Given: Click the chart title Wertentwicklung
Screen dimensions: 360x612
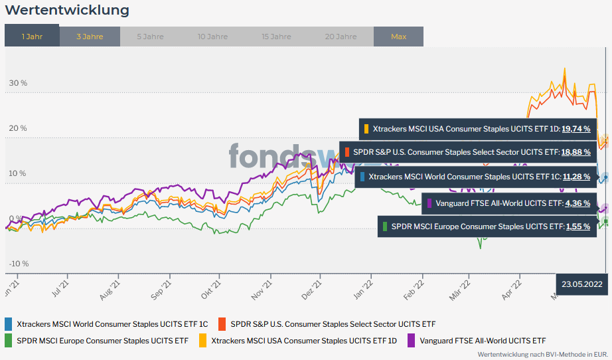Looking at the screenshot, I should pos(66,11).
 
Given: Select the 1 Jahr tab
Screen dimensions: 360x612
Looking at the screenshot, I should pos(32,37).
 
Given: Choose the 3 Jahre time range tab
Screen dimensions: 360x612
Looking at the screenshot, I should pos(90,37).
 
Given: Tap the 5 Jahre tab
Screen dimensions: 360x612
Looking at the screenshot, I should pos(150,37).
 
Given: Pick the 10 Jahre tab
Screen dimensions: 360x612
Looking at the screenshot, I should pos(212,37).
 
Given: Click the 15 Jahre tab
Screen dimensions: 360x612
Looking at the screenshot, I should pos(276,37).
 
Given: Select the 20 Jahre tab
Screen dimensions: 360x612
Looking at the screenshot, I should pos(341,37).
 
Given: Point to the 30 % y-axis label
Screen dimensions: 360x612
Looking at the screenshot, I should pos(18,84).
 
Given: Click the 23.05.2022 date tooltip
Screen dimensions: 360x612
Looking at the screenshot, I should pos(581,284).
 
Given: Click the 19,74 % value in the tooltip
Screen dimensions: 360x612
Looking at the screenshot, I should pos(575,129).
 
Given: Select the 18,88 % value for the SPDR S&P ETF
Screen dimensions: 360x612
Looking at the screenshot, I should pos(575,152).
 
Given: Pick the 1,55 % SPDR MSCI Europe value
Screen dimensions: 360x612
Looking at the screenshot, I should pos(577,226).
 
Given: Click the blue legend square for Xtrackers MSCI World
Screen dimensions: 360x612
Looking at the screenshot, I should pos(8,324).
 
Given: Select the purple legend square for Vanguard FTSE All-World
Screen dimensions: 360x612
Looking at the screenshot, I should pos(411,341).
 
